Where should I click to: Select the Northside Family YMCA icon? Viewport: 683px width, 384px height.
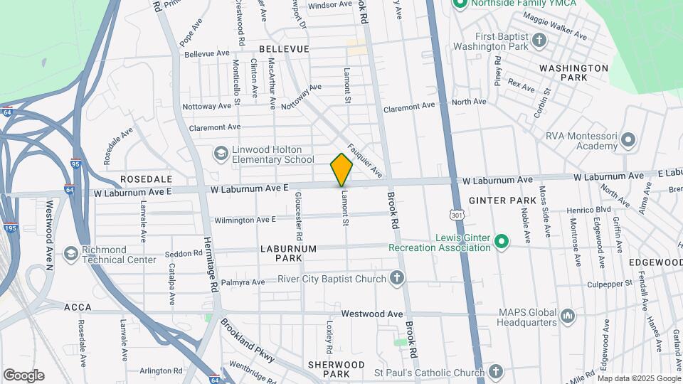[460, 4]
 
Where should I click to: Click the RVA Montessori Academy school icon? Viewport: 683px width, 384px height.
[628, 139]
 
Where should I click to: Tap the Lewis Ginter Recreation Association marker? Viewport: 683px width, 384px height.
[502, 242]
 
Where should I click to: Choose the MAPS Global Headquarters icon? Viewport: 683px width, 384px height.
[568, 315]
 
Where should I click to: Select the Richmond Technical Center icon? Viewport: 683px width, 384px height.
[70, 254]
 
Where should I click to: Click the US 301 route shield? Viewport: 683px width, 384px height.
[454, 214]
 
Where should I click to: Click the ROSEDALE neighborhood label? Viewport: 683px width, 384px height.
[146, 178]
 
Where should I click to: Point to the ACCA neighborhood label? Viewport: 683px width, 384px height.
[78, 307]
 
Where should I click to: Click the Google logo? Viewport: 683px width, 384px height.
[23, 375]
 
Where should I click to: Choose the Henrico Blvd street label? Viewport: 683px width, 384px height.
[589, 210]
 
